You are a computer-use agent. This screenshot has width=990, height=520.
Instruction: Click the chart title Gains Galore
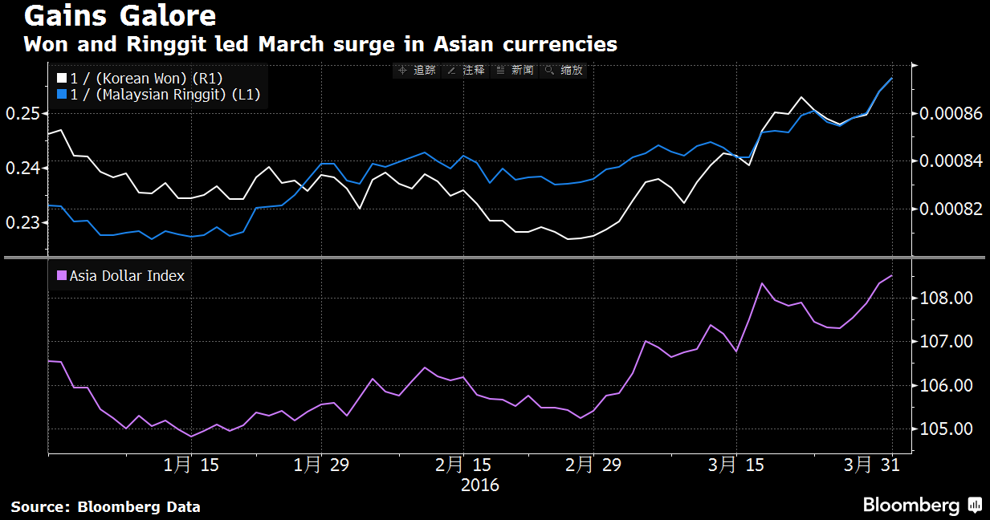click(120, 16)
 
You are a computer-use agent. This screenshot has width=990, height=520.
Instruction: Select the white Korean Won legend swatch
click(62, 78)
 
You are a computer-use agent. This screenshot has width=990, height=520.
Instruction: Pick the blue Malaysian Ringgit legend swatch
click(62, 95)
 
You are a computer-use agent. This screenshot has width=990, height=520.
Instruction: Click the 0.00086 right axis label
click(950, 114)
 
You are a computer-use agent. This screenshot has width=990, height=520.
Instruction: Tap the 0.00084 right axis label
click(950, 161)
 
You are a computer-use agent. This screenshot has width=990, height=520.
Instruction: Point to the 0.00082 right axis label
click(950, 209)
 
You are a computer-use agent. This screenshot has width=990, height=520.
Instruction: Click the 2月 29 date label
click(593, 465)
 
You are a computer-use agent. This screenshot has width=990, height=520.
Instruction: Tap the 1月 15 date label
click(191, 465)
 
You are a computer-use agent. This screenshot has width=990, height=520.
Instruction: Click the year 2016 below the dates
click(480, 485)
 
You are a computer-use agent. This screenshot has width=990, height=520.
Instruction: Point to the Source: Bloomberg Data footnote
click(105, 506)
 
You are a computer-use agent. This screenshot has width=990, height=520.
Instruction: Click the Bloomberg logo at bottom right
click(922, 505)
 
